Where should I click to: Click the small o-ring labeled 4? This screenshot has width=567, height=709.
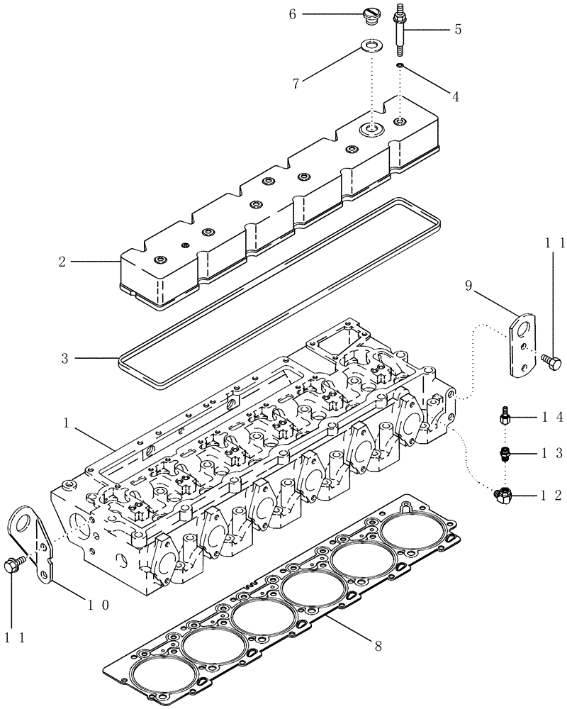click(400, 66)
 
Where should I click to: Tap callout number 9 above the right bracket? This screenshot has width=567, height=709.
click(469, 286)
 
